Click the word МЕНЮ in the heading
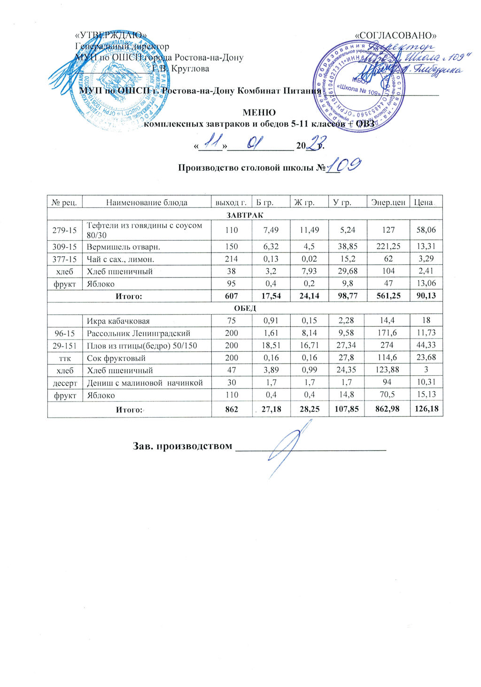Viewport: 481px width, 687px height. (258, 113)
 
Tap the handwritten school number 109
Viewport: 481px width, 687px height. (345, 166)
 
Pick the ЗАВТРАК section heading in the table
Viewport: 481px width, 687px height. (245, 215)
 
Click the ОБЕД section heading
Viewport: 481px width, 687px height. (245, 308)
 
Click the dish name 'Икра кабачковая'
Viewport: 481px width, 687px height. (118, 321)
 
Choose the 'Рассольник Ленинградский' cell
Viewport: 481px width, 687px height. (139, 333)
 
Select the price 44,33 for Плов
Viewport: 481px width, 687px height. (426, 346)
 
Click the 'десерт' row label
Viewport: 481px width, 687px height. (64, 383)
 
